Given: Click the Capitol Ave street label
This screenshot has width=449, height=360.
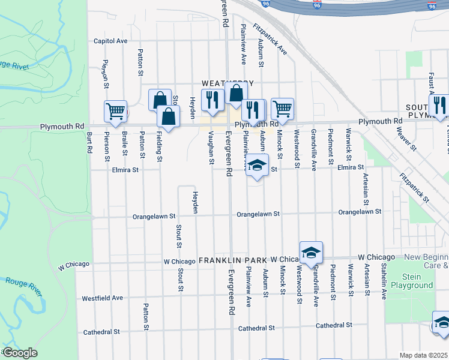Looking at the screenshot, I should point(110,41).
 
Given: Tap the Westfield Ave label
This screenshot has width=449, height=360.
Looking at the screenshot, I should point(102,298).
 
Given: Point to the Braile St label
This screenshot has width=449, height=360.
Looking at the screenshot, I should point(124,144).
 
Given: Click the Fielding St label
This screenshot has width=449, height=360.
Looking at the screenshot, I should point(160,148).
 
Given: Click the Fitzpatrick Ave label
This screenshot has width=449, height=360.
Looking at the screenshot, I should point(270,39).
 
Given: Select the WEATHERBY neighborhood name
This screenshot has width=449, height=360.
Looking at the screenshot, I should point(228,83).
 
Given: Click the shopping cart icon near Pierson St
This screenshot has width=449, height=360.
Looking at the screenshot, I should point(115,111).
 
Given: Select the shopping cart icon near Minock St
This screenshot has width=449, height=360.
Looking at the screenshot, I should point(282,109).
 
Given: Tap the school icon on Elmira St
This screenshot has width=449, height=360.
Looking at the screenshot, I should point(257,165).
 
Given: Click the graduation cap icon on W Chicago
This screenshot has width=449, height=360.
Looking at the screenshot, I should point(312,252).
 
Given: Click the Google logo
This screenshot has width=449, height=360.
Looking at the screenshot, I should point(20,353).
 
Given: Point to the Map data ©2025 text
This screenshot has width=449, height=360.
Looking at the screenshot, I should point(423,355).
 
